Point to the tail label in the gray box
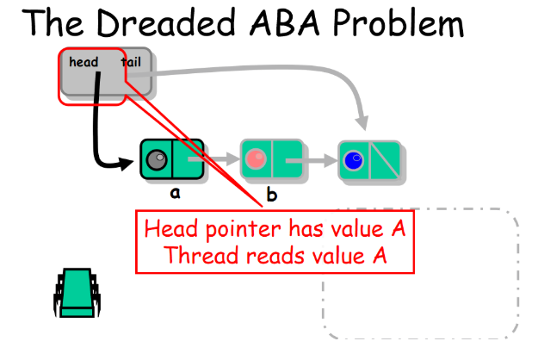pos(131,61)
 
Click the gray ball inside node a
pos(157,159)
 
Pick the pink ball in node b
pos(257,159)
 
